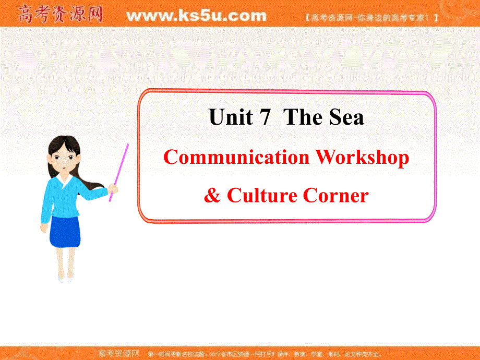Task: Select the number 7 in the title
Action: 264,118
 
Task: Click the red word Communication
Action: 236,157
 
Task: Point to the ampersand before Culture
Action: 211,196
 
